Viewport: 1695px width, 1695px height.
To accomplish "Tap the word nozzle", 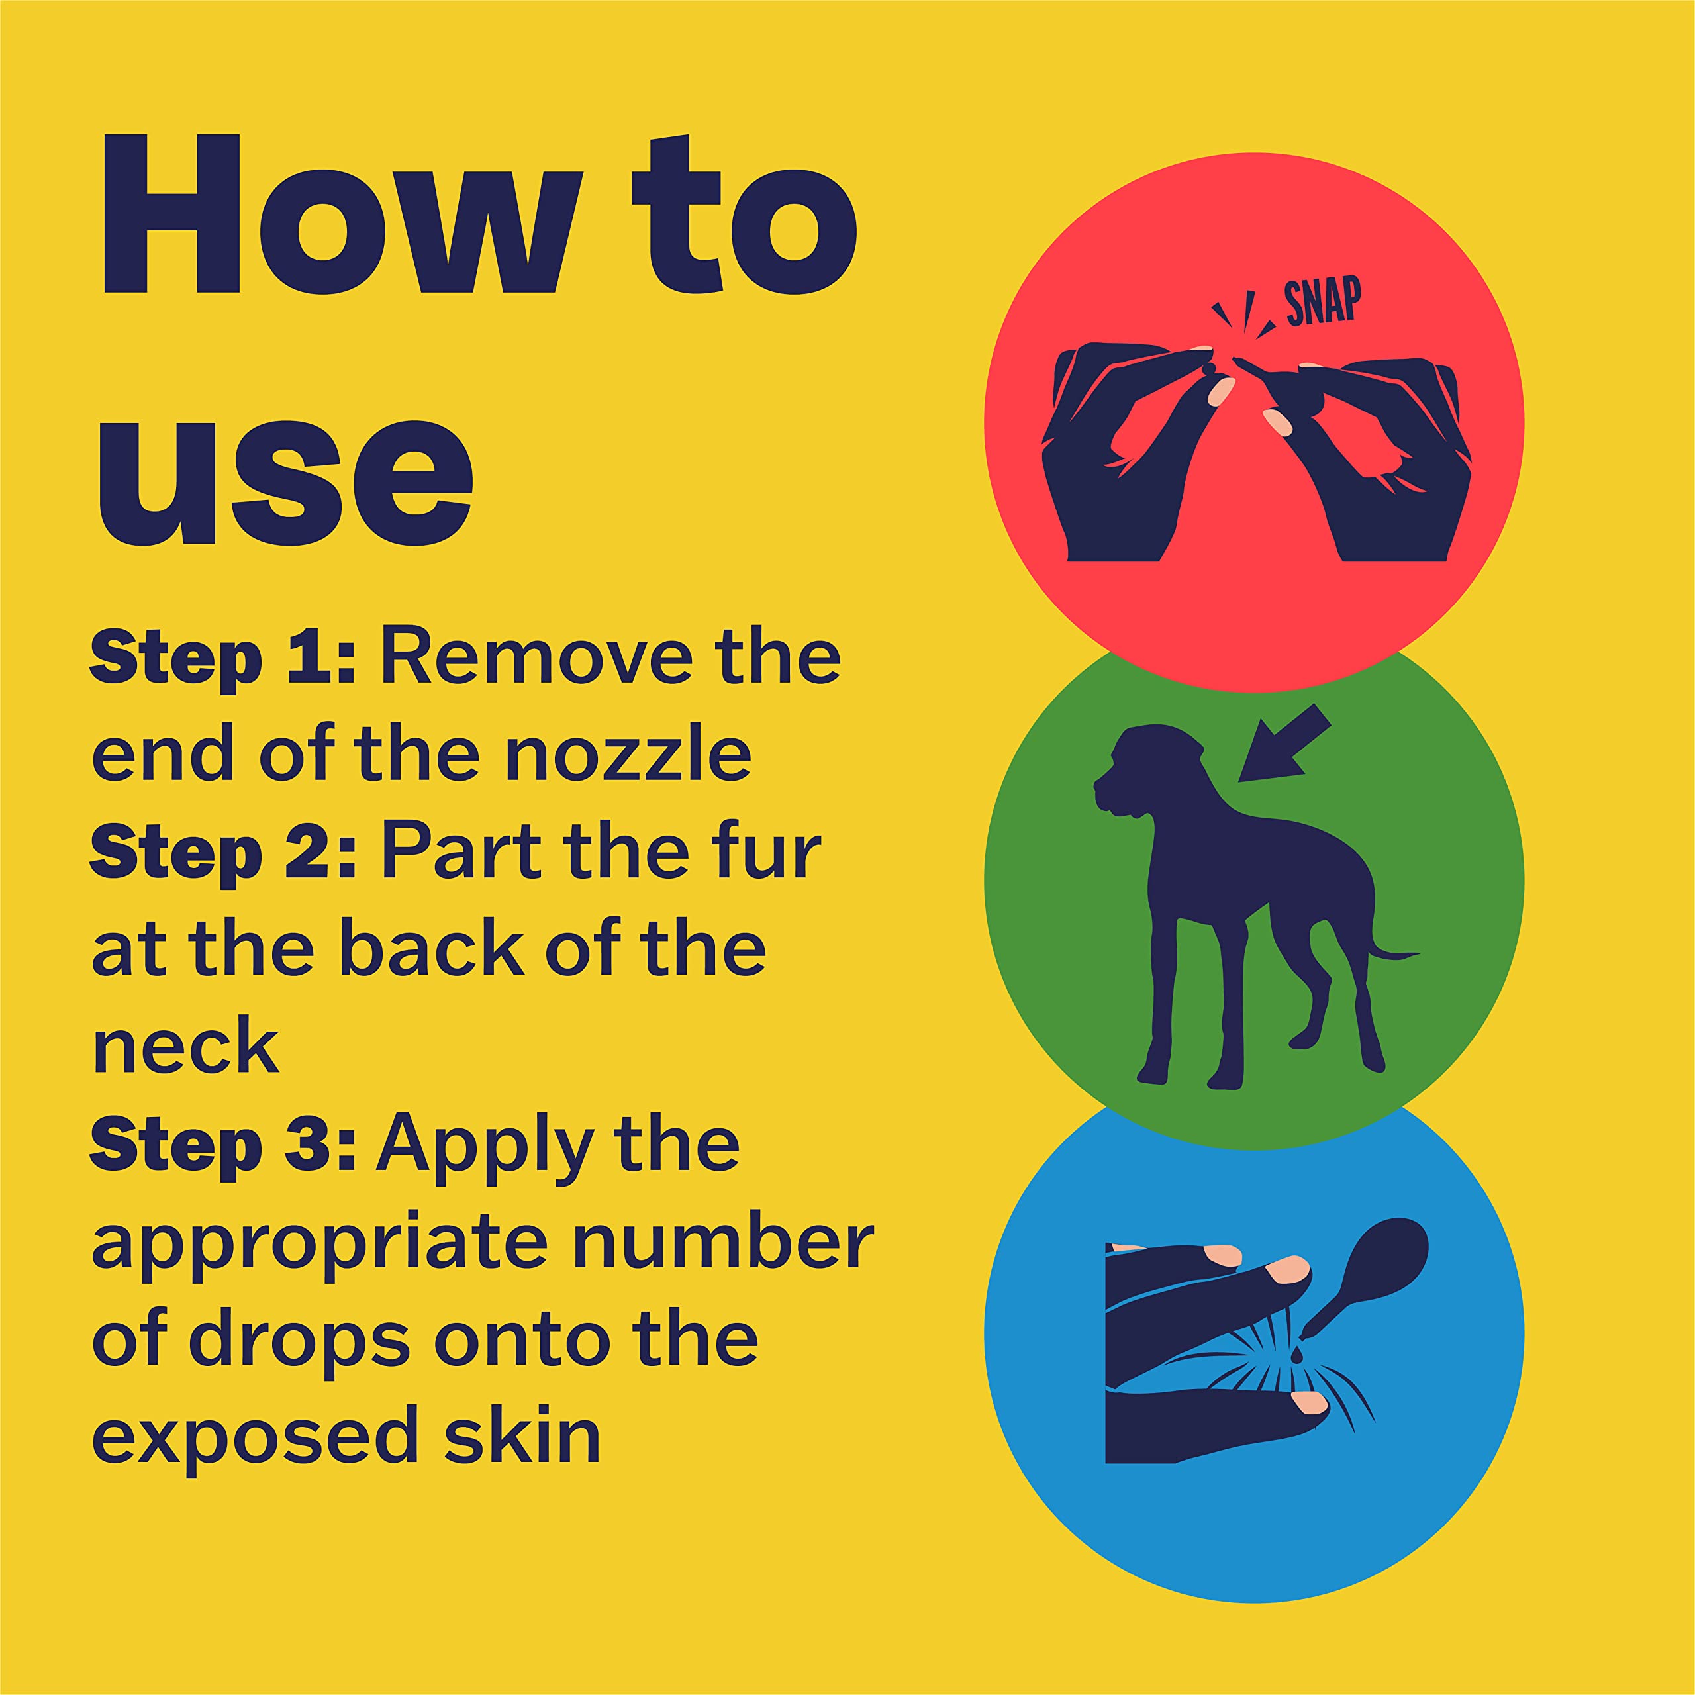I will pos(628,755).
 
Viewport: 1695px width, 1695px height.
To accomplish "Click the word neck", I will pos(185,1045).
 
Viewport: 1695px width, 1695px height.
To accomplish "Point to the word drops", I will pos(299,1339).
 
